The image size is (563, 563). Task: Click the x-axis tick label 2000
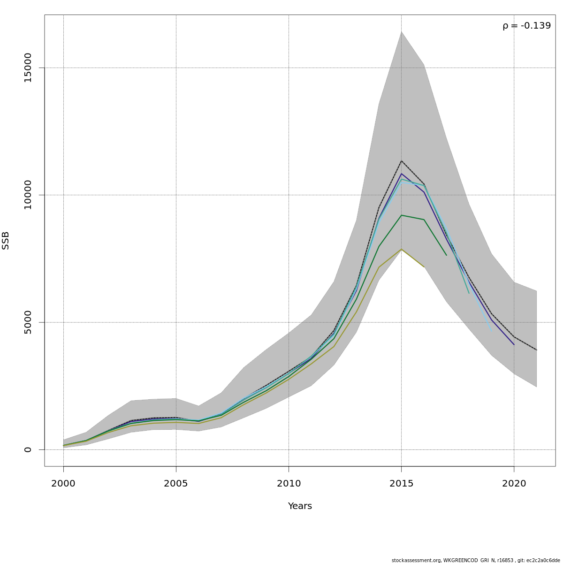(63, 484)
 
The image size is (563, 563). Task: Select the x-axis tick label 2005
(176, 484)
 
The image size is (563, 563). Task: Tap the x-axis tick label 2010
(289, 484)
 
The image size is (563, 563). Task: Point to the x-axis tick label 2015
(401, 484)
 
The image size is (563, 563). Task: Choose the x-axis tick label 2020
(514, 484)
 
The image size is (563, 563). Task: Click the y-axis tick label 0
(28, 449)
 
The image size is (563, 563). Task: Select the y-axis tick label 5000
(28, 322)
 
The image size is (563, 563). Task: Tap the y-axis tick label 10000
(28, 195)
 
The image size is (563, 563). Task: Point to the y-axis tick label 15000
(28, 68)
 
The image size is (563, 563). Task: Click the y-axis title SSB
(6, 240)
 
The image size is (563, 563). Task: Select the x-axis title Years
(300, 506)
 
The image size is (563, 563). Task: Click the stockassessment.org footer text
(476, 560)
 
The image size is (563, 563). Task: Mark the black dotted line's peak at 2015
(401, 161)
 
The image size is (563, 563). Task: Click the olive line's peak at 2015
(401, 249)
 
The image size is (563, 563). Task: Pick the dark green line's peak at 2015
(401, 215)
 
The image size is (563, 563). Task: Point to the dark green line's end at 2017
(446, 255)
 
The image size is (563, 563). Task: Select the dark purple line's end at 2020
(514, 345)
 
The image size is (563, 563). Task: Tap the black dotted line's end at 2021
(536, 350)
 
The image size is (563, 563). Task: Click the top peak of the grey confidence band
(401, 31)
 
